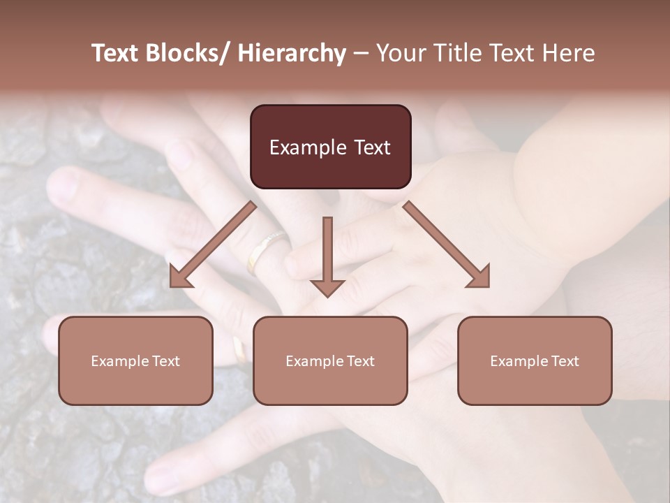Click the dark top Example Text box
(330, 147)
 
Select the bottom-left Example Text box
(135, 360)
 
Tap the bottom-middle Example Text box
(330, 360)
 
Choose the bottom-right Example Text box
(535, 360)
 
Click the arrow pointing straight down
(327, 256)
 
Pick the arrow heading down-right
(447, 244)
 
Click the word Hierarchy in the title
(292, 53)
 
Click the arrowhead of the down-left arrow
(181, 276)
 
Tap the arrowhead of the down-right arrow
(478, 276)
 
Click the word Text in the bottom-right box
(565, 361)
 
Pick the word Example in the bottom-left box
(120, 361)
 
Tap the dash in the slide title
(361, 53)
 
